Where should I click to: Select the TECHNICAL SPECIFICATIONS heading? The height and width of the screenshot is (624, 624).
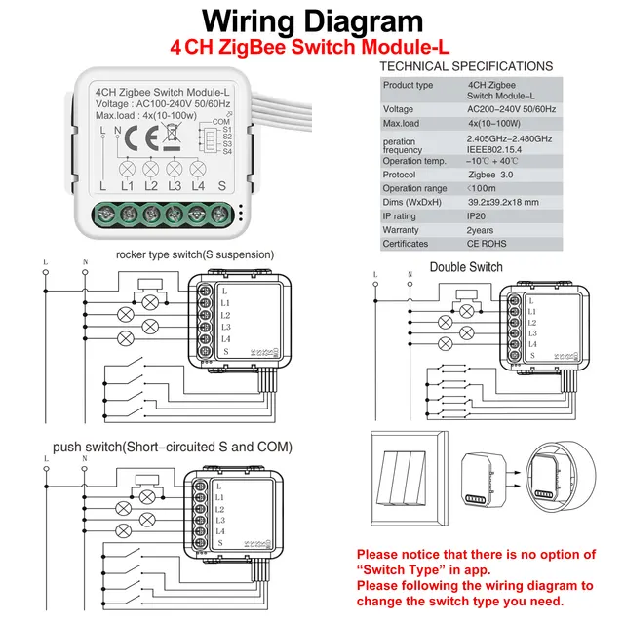465,66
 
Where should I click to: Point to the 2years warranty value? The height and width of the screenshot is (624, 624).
484,230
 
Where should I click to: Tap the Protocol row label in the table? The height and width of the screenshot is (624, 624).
400,175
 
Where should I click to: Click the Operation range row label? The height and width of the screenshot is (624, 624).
414,188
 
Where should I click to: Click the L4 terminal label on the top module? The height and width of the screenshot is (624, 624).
198,185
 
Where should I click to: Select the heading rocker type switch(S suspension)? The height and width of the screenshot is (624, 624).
195,255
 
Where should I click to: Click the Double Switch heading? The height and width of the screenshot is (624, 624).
466,267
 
